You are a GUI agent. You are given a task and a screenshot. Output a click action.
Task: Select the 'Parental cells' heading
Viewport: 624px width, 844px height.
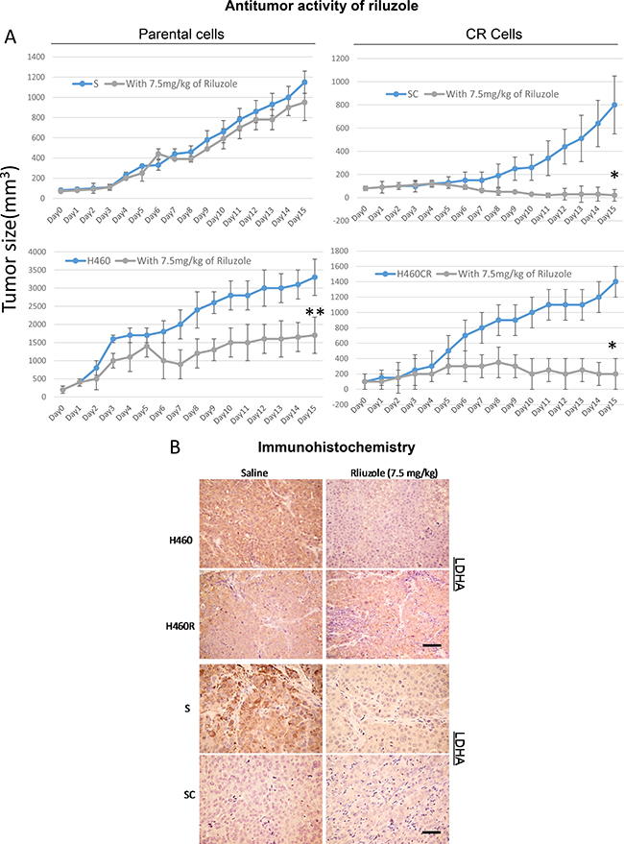pyautogui.click(x=181, y=35)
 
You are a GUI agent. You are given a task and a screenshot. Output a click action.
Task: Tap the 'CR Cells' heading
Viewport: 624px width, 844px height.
pyautogui.click(x=493, y=35)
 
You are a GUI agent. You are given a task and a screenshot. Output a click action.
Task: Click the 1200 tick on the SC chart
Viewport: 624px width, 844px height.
pyautogui.click(x=342, y=59)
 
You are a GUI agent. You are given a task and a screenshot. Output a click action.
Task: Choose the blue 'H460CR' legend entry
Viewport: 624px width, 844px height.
pyautogui.click(x=404, y=274)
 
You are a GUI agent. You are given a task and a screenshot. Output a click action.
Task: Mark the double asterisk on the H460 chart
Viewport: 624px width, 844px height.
pyautogui.click(x=315, y=312)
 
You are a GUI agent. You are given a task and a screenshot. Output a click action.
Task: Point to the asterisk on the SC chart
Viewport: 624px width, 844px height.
pyautogui.click(x=614, y=175)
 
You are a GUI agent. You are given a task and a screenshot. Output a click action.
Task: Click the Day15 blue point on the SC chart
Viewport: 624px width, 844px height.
pyautogui.click(x=614, y=105)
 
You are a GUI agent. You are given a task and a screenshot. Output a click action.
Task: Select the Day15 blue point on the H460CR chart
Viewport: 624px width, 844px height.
pyautogui.click(x=614, y=281)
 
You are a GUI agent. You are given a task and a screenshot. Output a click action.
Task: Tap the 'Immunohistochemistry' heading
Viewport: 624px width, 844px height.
pyautogui.click(x=337, y=447)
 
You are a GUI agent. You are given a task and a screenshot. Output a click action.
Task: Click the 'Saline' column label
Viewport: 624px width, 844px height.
pyautogui.click(x=254, y=472)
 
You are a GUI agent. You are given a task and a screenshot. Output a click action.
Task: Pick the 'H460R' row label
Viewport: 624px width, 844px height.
pyautogui.click(x=180, y=626)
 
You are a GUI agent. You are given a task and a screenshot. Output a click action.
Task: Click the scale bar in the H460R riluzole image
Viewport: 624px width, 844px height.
pyautogui.click(x=432, y=645)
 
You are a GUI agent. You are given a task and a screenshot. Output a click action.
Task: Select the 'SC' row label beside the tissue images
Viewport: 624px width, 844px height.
pyautogui.click(x=189, y=794)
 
